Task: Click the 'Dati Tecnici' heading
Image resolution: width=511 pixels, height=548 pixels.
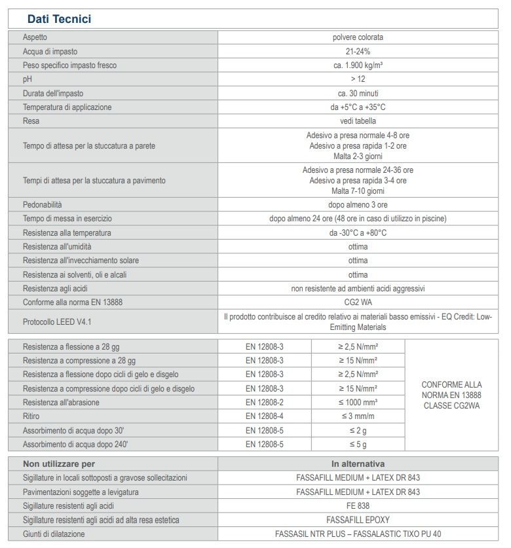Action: point(59,19)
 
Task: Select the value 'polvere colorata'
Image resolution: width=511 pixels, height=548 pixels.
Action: point(358,37)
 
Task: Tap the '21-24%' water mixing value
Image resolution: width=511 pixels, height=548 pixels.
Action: point(358,51)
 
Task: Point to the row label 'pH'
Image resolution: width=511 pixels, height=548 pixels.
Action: point(27,79)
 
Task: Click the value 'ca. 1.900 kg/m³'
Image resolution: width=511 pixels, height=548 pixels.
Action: point(358,65)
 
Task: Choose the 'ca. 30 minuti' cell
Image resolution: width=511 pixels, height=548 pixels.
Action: point(358,93)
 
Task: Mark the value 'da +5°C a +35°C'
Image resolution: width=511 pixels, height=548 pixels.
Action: point(358,107)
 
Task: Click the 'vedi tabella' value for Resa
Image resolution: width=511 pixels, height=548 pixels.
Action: point(358,121)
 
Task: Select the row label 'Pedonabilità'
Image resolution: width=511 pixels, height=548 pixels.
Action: point(43,205)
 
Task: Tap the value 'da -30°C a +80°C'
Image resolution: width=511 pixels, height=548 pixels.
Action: point(358,233)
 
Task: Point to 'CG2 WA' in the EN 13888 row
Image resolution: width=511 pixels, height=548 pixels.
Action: point(358,302)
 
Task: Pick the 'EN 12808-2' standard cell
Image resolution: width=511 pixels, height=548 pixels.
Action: point(265,402)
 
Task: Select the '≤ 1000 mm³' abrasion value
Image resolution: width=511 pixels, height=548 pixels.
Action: point(358,402)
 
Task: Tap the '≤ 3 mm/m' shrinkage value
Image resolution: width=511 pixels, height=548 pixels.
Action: point(358,416)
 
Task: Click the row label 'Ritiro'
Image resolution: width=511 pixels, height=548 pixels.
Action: point(31,416)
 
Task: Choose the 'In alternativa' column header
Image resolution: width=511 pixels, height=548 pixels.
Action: point(358,464)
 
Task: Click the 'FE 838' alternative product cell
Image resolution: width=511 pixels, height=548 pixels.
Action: point(358,506)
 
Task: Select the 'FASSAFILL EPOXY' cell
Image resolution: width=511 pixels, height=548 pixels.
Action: point(358,520)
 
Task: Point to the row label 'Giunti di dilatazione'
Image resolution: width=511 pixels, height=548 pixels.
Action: point(54,534)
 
